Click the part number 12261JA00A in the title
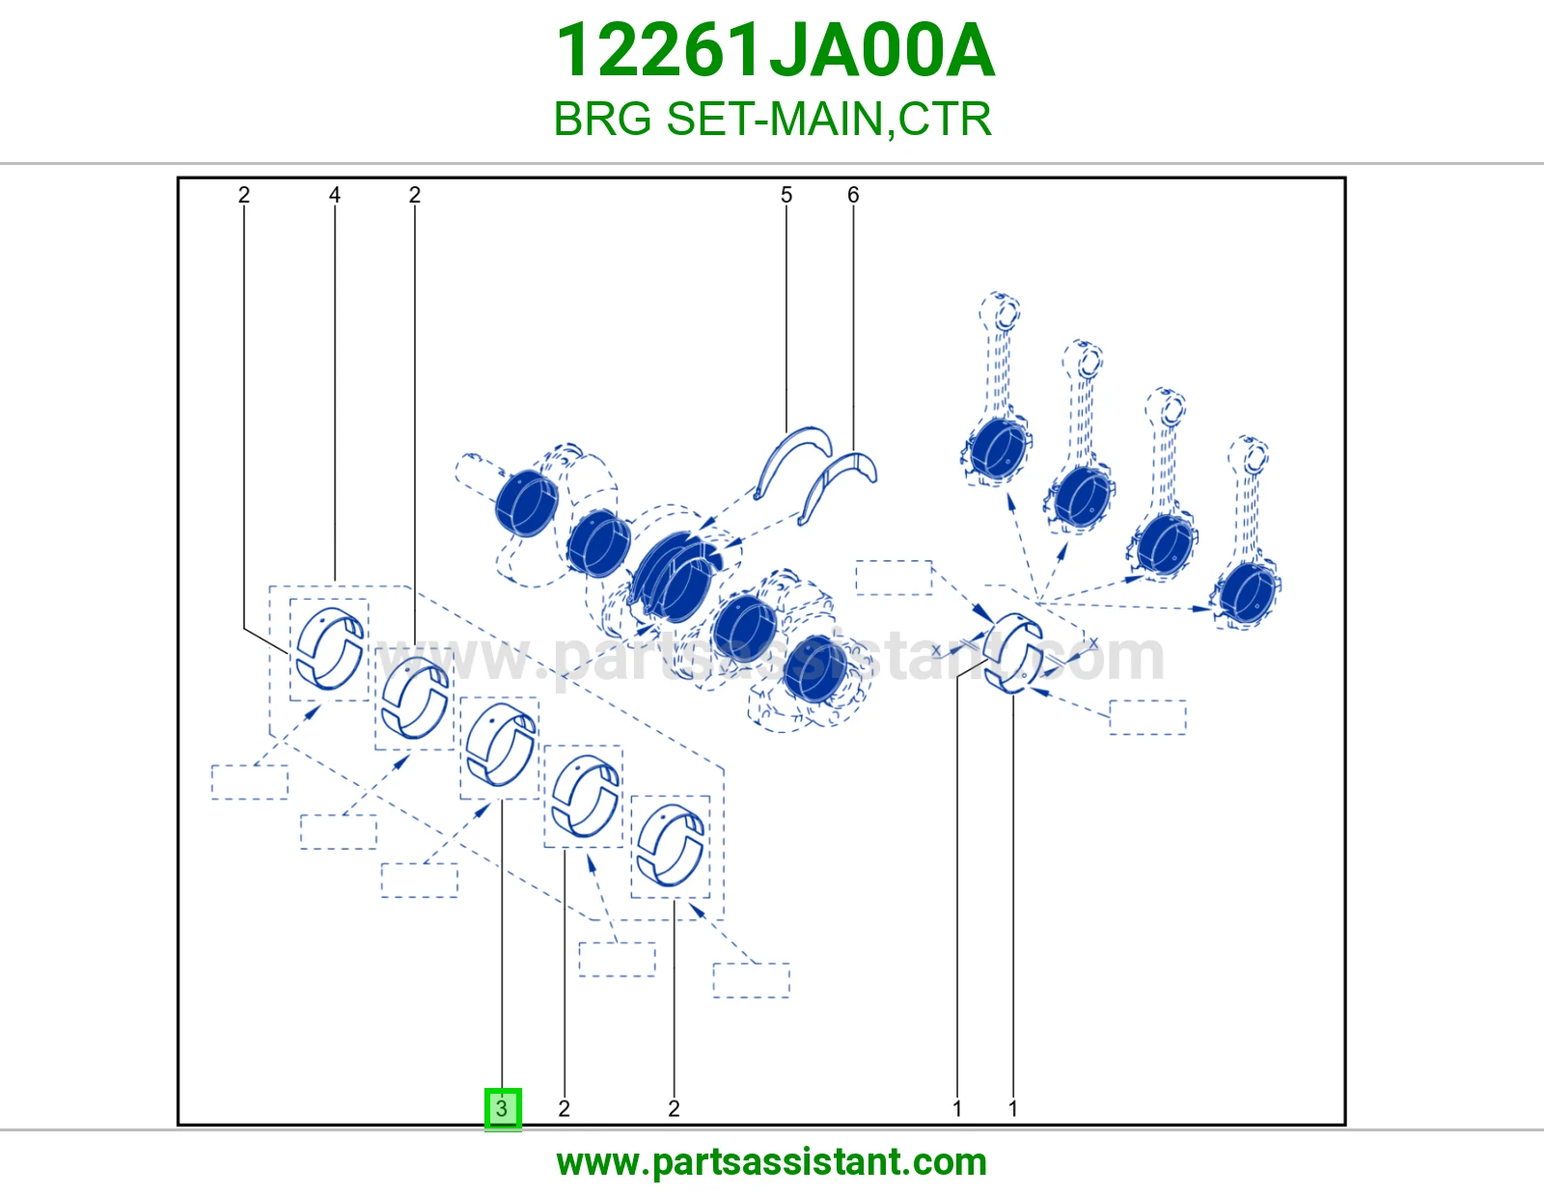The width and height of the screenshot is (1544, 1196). tap(775, 50)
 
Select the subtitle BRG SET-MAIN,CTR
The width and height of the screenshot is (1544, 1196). tap(772, 119)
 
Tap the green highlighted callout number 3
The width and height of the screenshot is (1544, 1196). tap(503, 1108)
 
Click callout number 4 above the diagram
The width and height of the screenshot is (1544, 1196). tap(335, 195)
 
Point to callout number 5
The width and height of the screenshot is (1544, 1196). tap(786, 195)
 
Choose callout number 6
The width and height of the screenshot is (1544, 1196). tap(853, 195)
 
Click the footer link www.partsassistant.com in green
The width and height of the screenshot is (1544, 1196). tap(772, 1162)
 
